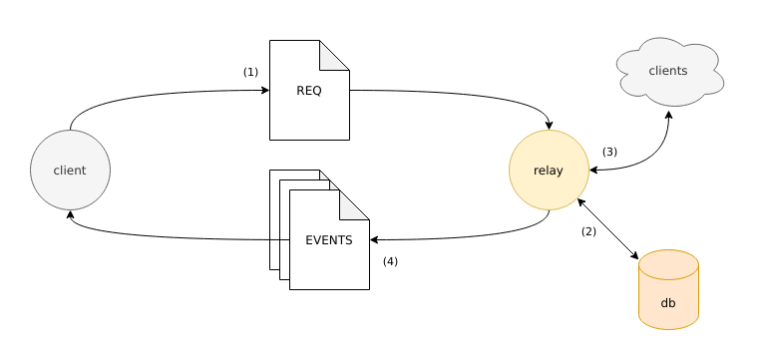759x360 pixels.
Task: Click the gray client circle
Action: pyautogui.click(x=70, y=170)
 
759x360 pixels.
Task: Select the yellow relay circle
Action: pyautogui.click(x=549, y=170)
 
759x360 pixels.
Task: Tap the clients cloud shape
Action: pyautogui.click(x=668, y=71)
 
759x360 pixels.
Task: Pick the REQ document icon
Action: pyautogui.click(x=309, y=90)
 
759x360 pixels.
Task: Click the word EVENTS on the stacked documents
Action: pyautogui.click(x=328, y=240)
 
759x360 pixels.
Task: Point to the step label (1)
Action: pyautogui.click(x=250, y=72)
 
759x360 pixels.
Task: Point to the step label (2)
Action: pyautogui.click(x=588, y=231)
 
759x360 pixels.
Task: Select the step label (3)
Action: pyautogui.click(x=609, y=152)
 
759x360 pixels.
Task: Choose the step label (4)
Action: pyautogui.click(x=390, y=261)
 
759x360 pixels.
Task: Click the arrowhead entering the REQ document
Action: pyautogui.click(x=265, y=90)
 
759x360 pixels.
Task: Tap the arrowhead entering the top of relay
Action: pyautogui.click(x=549, y=126)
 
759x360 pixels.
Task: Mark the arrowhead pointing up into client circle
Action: pyautogui.click(x=70, y=213)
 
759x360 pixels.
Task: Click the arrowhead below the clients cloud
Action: pyautogui.click(x=668, y=113)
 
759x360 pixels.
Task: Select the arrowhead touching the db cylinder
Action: pyautogui.click(x=635, y=259)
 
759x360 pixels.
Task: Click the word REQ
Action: pyautogui.click(x=309, y=91)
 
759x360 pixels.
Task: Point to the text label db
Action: pyautogui.click(x=668, y=302)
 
